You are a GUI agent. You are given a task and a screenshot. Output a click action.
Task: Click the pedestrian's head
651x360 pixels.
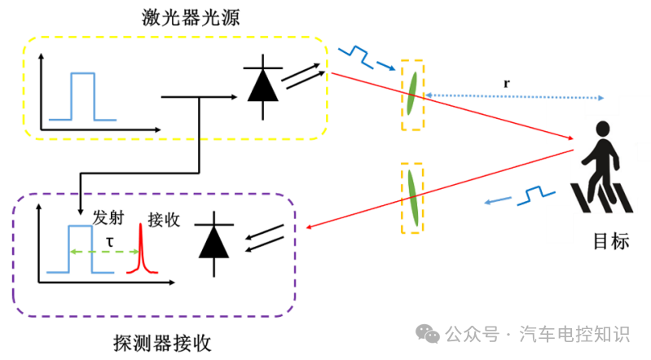pos(602,130)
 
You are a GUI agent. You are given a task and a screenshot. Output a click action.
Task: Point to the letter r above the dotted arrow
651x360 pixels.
pos(507,82)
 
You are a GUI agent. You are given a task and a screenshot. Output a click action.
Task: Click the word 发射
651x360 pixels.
pos(108,218)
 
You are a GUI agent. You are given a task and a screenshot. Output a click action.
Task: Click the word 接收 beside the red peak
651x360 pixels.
pos(163,220)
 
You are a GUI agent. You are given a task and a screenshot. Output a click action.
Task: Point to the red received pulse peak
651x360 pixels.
pos(140,248)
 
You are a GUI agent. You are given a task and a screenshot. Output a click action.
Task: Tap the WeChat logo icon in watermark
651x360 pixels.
pos(427,332)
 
